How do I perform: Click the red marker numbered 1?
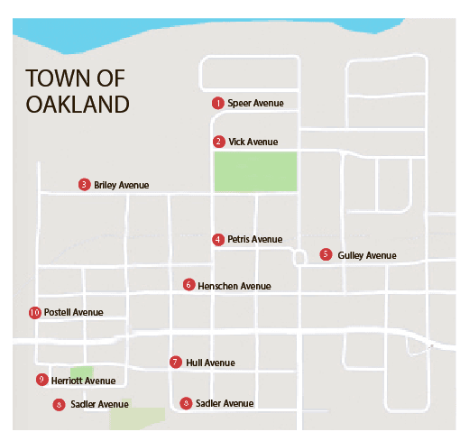point(217,103)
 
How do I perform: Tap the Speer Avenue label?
point(255,103)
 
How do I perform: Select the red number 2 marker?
point(218,142)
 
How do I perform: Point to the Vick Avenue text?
point(253,142)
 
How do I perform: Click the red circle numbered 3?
point(84,185)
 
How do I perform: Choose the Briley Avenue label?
point(121,186)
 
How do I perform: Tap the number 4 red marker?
point(218,239)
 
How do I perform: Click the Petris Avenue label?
point(255,240)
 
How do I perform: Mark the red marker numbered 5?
point(326,254)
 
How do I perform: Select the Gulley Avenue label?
point(367,255)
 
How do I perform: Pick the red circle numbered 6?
point(189,284)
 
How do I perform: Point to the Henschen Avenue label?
point(234,286)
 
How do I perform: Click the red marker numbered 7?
point(175,362)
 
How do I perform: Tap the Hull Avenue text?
point(210,363)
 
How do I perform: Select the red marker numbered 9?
point(41,380)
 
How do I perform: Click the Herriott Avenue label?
point(83,381)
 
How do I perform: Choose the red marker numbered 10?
point(35,312)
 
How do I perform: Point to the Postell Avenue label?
point(74,313)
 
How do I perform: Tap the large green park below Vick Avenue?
point(255,171)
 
